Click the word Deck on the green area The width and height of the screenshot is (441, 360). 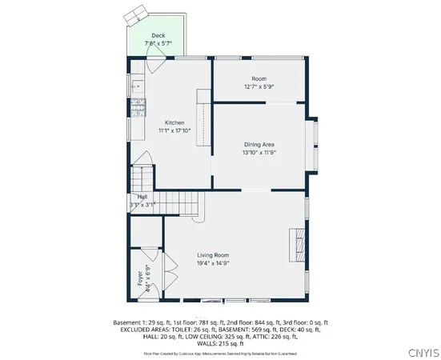click(158, 36)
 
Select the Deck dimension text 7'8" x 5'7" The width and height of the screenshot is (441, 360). click(158, 43)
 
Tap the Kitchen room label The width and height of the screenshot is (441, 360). click(174, 122)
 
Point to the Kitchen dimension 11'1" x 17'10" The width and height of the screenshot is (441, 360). click(174, 130)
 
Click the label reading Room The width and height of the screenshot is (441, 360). click(259, 78)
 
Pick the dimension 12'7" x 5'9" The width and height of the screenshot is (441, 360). click(259, 86)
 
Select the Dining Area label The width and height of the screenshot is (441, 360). click(259, 144)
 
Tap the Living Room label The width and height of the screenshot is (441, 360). click(214, 254)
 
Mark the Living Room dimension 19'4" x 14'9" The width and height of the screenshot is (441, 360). click(214, 262)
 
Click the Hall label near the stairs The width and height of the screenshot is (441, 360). click(142, 197)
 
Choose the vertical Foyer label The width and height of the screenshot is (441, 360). click(140, 278)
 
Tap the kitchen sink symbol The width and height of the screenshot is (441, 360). click(134, 84)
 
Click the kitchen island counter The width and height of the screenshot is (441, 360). click(202, 125)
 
